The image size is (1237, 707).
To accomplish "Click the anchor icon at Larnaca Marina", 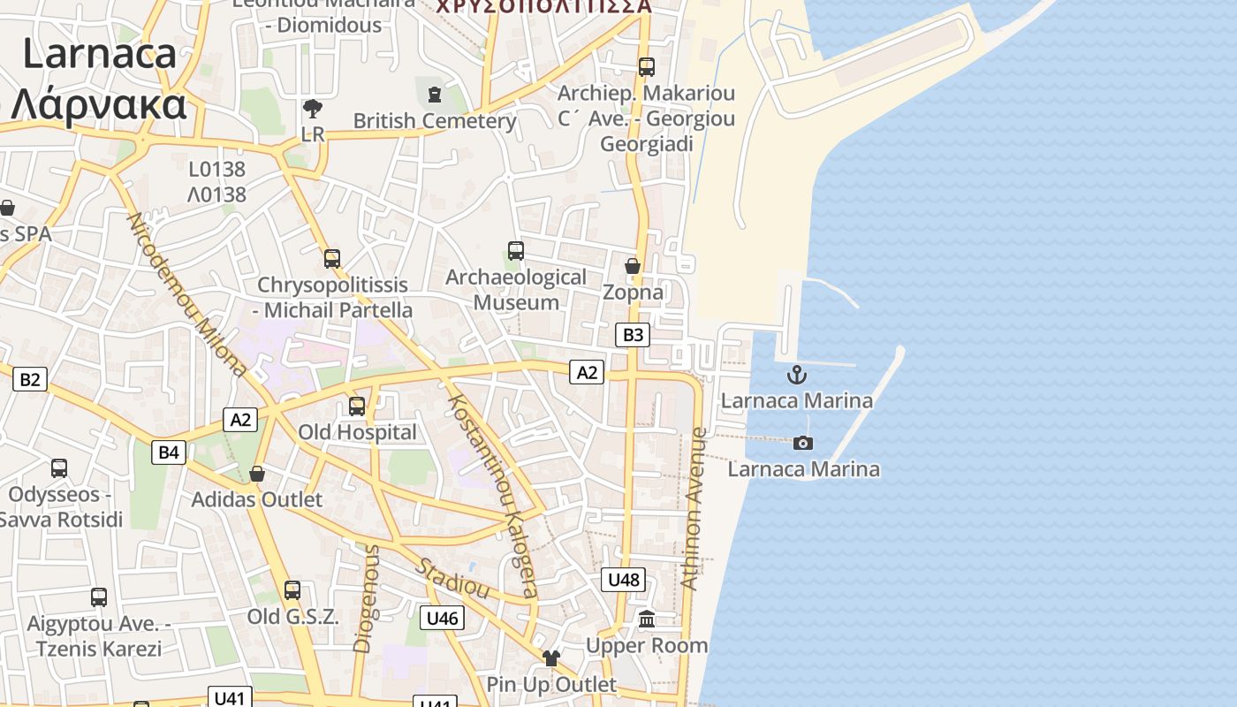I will pyautogui.click(x=797, y=375).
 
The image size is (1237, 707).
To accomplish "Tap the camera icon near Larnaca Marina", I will pyautogui.click(x=802, y=443).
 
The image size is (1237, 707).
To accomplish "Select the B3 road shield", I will pyautogui.click(x=633, y=335).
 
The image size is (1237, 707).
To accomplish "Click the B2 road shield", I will pyautogui.click(x=30, y=379).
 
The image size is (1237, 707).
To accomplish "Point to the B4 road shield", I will pyautogui.click(x=168, y=452).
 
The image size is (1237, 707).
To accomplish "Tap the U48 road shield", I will pyautogui.click(x=624, y=580).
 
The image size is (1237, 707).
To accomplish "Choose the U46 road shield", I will pyautogui.click(x=442, y=618).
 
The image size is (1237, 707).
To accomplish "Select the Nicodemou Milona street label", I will pyautogui.click(x=187, y=294).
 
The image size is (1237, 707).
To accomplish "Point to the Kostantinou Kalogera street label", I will pyautogui.click(x=492, y=496).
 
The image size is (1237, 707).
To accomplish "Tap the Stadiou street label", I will pyautogui.click(x=452, y=578).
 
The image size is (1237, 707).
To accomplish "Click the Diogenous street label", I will pyautogui.click(x=366, y=598).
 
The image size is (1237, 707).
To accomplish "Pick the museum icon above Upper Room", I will pyautogui.click(x=647, y=619).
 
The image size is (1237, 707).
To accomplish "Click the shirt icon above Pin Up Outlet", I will pyautogui.click(x=551, y=658).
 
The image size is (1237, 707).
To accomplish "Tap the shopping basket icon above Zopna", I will pyautogui.click(x=633, y=265).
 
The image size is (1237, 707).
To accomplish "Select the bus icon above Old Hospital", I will pyautogui.click(x=357, y=407).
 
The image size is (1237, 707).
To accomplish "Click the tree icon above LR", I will pyautogui.click(x=312, y=109).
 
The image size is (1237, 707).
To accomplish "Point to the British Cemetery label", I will pyautogui.click(x=435, y=120).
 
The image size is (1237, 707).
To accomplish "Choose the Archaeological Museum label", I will pyautogui.click(x=516, y=289).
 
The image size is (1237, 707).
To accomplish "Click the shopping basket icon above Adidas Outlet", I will pyautogui.click(x=257, y=475).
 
